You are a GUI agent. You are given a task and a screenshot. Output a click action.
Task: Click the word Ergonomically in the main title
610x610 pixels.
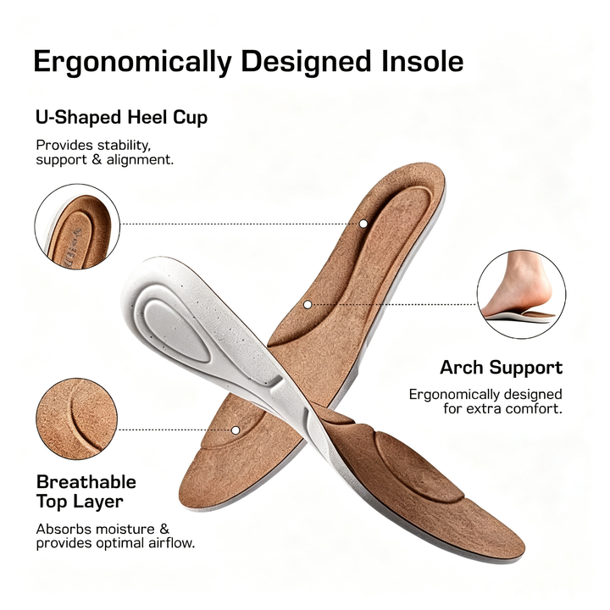point(133,62)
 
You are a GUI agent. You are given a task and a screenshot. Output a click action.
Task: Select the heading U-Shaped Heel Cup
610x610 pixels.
point(121,118)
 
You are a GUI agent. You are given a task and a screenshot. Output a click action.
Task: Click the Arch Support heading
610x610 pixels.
point(501,368)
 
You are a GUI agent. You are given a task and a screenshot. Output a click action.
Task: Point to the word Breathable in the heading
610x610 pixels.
point(86,482)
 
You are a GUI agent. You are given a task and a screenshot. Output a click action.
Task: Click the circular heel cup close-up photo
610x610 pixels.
point(77,227)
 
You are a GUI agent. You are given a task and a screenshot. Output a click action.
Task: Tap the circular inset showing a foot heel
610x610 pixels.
point(521,294)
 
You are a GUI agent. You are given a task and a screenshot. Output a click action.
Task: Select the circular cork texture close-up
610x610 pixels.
point(76,419)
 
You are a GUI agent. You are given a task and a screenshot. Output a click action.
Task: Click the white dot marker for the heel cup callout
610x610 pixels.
point(363,224)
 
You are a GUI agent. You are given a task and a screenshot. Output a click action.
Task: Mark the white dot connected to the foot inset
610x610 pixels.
point(308,305)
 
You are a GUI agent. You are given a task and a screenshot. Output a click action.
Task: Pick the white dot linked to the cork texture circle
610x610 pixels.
point(235,430)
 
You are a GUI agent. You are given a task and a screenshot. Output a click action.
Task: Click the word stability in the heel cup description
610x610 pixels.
point(124,146)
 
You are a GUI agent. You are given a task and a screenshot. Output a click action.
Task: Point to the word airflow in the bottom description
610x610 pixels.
point(171,543)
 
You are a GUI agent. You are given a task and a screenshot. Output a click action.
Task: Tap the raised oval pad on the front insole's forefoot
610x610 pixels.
point(420,466)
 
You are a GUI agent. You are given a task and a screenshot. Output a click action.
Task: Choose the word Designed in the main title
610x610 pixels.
point(306,62)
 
